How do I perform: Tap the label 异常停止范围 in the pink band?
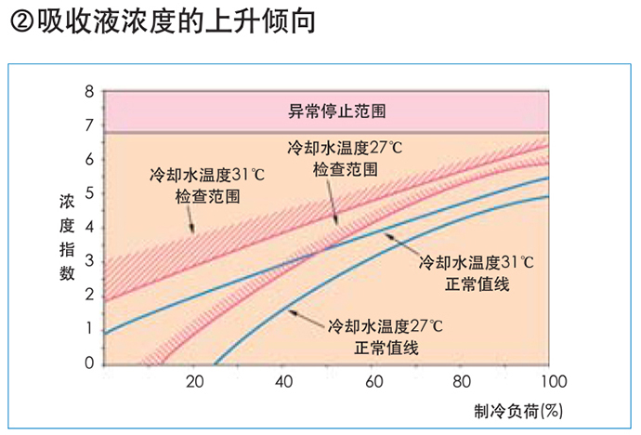[330, 111]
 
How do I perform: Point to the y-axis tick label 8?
[89, 91]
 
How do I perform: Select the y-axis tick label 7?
[89, 125]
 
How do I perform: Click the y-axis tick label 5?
[89, 193]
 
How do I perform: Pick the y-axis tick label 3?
[89, 261]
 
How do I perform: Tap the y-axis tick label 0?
[89, 363]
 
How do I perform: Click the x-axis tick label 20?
[195, 382]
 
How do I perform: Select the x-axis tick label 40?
[284, 382]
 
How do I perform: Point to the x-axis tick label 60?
[373, 382]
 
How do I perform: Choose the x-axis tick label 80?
[463, 382]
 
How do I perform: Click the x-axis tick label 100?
[552, 382]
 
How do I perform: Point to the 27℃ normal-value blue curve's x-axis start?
[215, 363]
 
